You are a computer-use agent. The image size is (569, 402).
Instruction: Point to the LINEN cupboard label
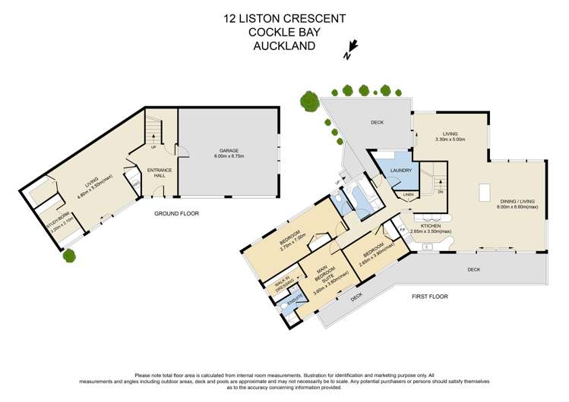[x=408, y=195]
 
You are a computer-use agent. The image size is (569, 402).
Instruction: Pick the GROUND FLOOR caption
[x=176, y=214]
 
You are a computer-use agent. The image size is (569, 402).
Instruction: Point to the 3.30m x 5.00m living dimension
[x=449, y=140]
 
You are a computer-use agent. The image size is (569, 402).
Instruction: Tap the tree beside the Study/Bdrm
[x=70, y=256]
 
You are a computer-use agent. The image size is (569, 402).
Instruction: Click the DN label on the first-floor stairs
[x=440, y=192]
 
